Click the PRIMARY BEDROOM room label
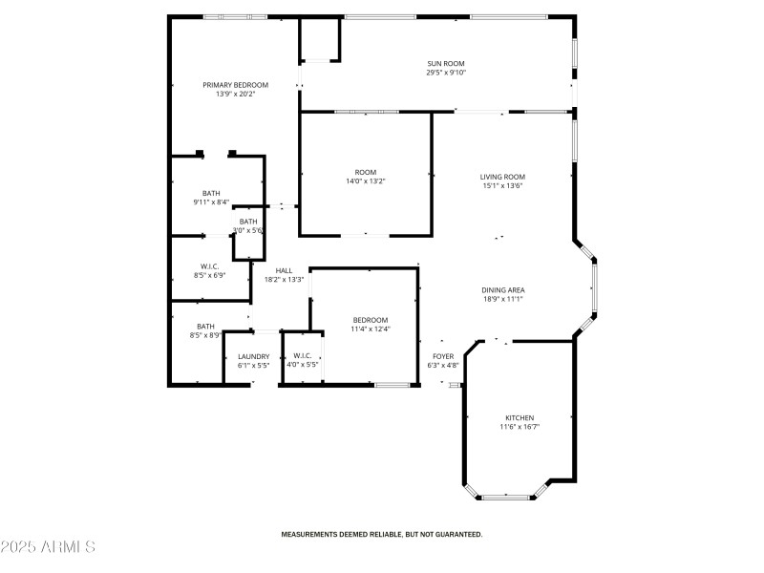(x=235, y=85)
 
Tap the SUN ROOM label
(x=446, y=64)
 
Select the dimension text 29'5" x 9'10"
(x=446, y=74)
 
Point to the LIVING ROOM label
(x=502, y=177)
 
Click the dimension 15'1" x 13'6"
(x=502, y=185)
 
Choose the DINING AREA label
(x=503, y=290)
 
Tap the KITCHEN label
(x=520, y=417)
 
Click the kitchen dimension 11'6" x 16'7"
(x=520, y=427)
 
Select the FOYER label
(x=443, y=356)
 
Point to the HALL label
(x=284, y=270)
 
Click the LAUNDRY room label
(x=253, y=356)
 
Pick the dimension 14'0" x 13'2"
(x=365, y=180)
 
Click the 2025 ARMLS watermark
(x=48, y=547)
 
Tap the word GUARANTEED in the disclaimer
(x=457, y=535)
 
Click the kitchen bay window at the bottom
(x=506, y=497)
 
